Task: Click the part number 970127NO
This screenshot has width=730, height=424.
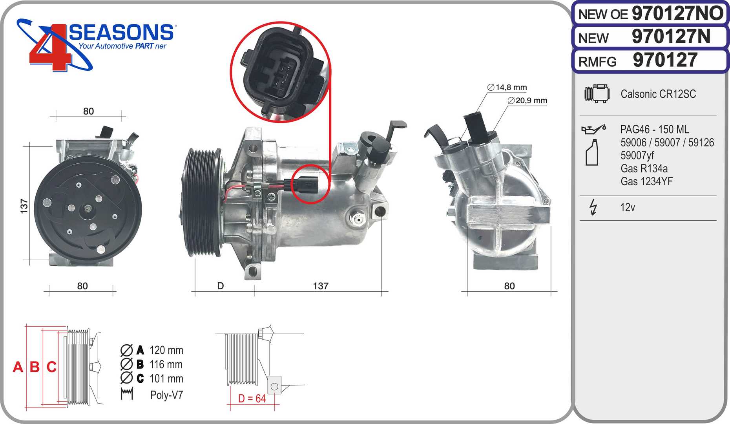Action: click(x=677, y=14)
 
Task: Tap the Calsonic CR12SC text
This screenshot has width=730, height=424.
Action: click(x=658, y=94)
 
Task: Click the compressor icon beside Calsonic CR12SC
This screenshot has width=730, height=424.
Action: click(x=597, y=94)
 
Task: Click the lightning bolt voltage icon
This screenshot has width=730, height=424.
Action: click(x=593, y=207)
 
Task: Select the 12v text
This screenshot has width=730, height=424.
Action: click(x=627, y=207)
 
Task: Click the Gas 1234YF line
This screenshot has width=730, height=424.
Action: click(x=646, y=181)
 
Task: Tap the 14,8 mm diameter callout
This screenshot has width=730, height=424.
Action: click(x=507, y=88)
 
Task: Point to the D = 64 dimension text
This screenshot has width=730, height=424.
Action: click(x=252, y=398)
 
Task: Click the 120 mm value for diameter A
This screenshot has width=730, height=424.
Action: click(x=166, y=350)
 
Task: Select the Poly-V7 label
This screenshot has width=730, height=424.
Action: click(x=166, y=395)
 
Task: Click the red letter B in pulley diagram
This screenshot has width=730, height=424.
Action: click(x=35, y=367)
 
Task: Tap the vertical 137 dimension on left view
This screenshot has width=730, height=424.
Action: click(x=24, y=206)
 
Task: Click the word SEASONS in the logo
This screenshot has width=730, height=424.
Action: click(x=121, y=32)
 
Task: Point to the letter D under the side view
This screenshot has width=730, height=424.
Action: click(x=221, y=286)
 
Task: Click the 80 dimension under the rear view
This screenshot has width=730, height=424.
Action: click(x=509, y=286)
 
